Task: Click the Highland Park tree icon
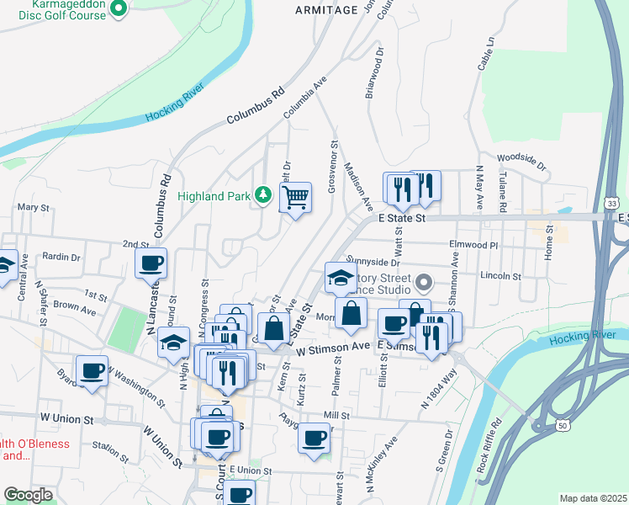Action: tap(264, 195)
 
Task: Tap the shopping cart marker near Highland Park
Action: tap(295, 199)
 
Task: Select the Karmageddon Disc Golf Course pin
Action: tap(119, 9)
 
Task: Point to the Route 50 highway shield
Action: tap(562, 426)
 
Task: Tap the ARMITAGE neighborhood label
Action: tap(326, 9)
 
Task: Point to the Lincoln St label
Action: tap(501, 275)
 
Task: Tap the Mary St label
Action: tap(34, 207)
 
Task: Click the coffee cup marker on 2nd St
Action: tap(151, 263)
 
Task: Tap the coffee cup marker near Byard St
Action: tap(92, 369)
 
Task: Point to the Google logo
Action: tap(29, 495)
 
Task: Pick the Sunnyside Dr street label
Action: tap(372, 262)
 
